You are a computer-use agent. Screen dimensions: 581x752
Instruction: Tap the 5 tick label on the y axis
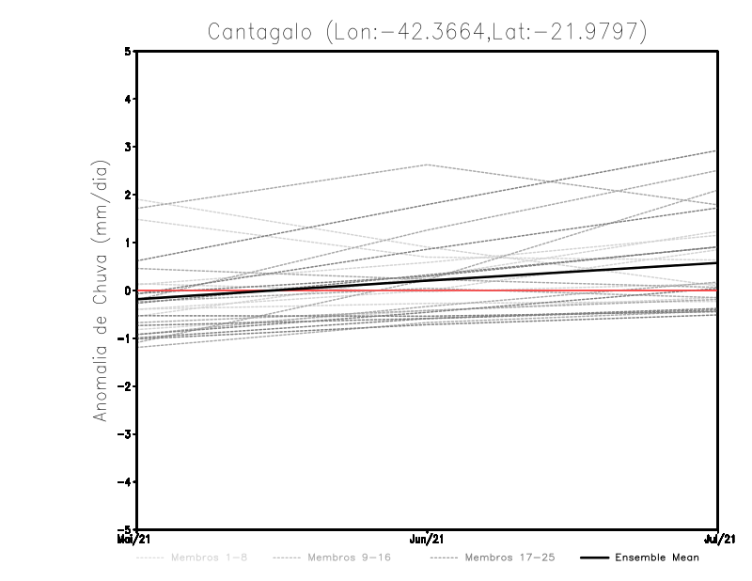[x=128, y=51]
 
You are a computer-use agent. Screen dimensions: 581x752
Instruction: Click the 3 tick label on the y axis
[x=128, y=147]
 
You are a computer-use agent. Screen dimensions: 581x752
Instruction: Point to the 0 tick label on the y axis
[x=128, y=290]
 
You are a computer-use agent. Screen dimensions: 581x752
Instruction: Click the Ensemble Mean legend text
[x=657, y=558]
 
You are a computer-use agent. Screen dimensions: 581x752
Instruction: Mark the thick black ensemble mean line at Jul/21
[x=716, y=263]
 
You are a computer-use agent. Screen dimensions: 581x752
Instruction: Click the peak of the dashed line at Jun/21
[x=428, y=165]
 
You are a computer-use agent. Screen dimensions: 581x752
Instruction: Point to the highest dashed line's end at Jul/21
[x=717, y=150]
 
